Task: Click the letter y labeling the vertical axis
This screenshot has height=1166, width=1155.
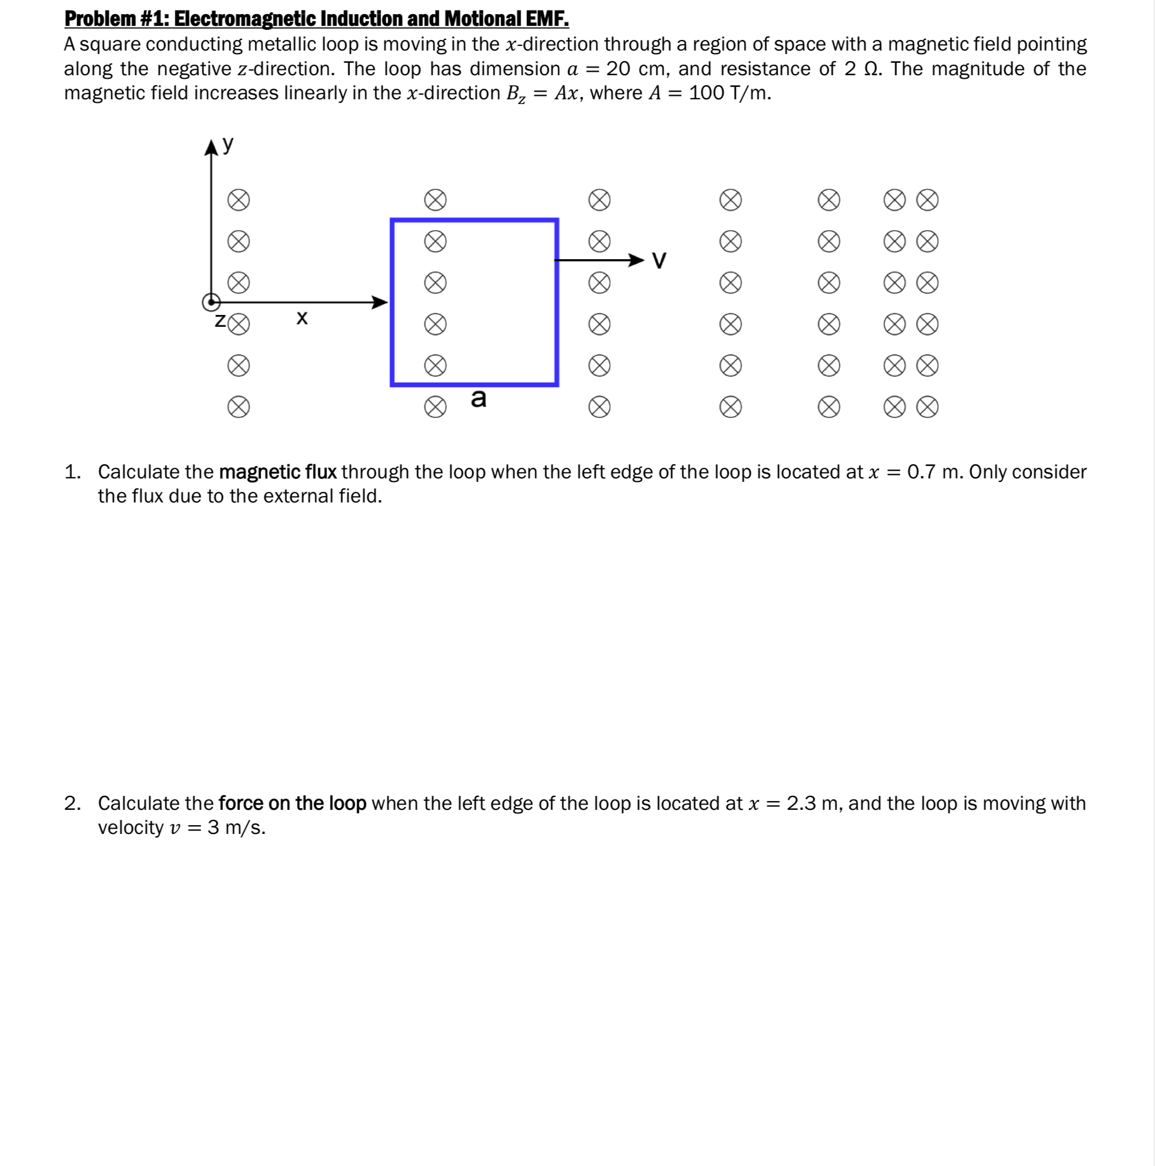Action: tap(228, 144)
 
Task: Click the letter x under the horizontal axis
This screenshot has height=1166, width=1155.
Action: tap(302, 317)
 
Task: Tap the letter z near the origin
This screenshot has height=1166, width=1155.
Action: tap(220, 320)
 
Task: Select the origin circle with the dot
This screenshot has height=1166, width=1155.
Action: tap(211, 301)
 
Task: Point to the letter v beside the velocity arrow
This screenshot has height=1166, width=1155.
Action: tap(659, 261)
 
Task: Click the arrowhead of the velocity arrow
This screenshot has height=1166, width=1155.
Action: tap(636, 260)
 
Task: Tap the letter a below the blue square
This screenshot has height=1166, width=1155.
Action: tap(478, 398)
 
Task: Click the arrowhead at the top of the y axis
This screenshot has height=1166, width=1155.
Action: tap(211, 148)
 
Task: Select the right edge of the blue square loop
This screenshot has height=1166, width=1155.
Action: tap(556, 301)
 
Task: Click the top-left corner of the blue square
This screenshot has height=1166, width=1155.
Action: tap(393, 221)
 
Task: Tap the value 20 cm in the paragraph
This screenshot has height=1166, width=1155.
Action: tap(635, 69)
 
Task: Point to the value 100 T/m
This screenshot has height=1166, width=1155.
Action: tap(729, 93)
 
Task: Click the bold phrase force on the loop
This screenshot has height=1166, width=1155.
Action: tap(292, 803)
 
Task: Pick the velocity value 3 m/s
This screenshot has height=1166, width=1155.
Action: tap(236, 827)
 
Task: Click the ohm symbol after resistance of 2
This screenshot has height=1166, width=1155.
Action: tap(871, 69)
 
